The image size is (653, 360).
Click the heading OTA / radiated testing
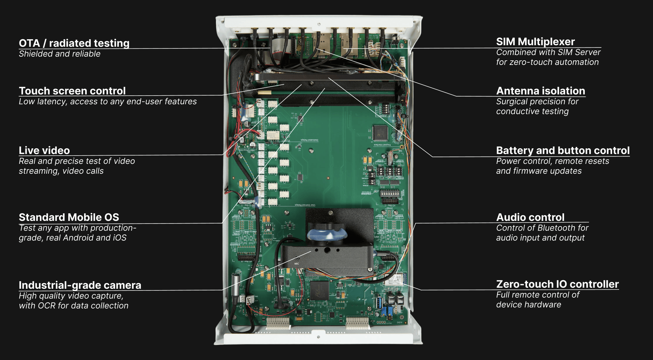coord(74,43)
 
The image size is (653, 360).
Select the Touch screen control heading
coord(72,91)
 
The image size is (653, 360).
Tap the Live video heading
coord(44,150)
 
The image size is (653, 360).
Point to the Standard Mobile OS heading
coord(69,217)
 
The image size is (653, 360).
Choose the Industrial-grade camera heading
coord(80,285)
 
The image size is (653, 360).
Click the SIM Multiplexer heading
coord(536,42)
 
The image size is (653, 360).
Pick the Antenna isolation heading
coord(541,91)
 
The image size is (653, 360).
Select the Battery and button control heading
coord(563,150)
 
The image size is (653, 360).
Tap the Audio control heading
coord(530,217)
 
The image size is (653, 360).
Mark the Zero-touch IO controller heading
coord(557,284)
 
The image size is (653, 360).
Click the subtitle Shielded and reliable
coord(60,54)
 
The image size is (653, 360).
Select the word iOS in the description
coord(120,238)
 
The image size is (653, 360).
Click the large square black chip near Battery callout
coord(380,133)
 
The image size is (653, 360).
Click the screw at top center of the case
coord(319,24)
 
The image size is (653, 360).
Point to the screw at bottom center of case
coord(318,337)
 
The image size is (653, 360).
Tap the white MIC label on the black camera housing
coord(296,264)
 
